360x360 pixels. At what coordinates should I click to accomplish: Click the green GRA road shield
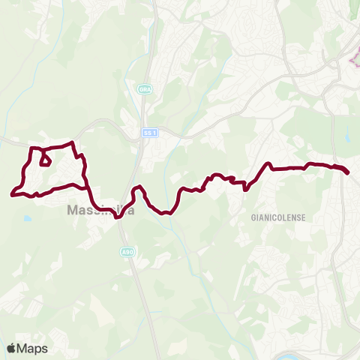coord(145,89)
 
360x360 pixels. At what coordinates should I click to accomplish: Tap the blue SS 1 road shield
coord(150,133)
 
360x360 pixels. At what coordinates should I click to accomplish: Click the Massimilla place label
coord(101,211)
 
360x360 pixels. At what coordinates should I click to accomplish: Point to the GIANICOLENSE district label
coord(273,217)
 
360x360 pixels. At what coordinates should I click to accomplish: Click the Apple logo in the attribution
coord(12,348)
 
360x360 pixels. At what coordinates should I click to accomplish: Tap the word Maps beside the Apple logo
coord(32,348)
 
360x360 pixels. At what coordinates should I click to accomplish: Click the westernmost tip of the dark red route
coord(12,195)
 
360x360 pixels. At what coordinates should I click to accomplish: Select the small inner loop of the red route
coord(44,160)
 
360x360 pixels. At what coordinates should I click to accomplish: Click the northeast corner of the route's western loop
coord(72,142)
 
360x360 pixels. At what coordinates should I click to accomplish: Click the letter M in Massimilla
coord(73,211)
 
